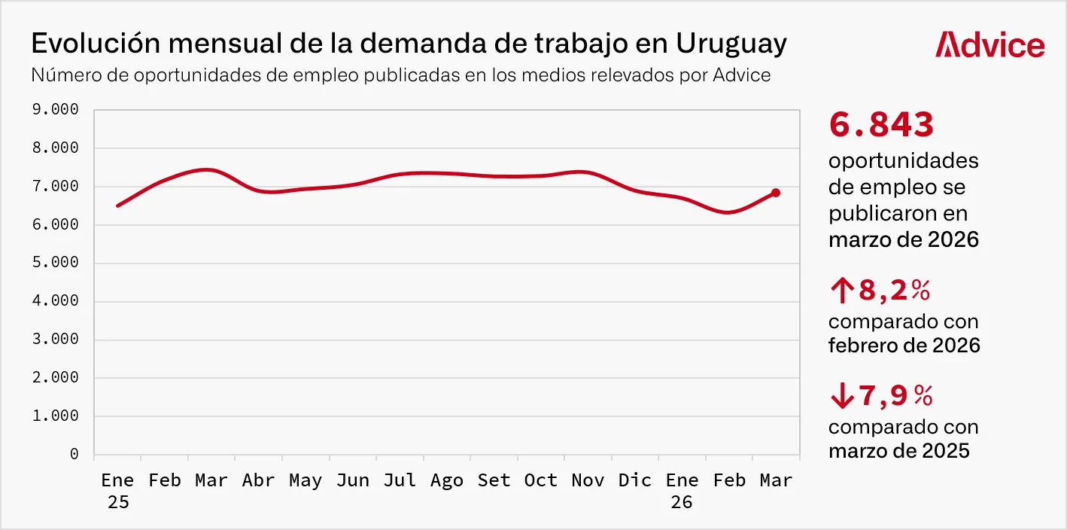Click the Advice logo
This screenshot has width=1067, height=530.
(x=989, y=45)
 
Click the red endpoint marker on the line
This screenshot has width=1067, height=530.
(x=776, y=193)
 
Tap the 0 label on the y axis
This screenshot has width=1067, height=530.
(x=74, y=454)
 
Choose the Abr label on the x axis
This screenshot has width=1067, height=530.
(x=258, y=481)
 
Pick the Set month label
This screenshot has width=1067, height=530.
(x=494, y=481)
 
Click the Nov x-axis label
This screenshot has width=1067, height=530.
(x=588, y=481)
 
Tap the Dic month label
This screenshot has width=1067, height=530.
(x=634, y=481)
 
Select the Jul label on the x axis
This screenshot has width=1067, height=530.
(x=400, y=481)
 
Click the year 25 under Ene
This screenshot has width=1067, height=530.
(x=117, y=502)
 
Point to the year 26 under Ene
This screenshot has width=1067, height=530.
(x=682, y=502)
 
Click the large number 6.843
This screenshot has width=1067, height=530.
(x=881, y=125)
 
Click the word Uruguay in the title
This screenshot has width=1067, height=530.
(x=731, y=44)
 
